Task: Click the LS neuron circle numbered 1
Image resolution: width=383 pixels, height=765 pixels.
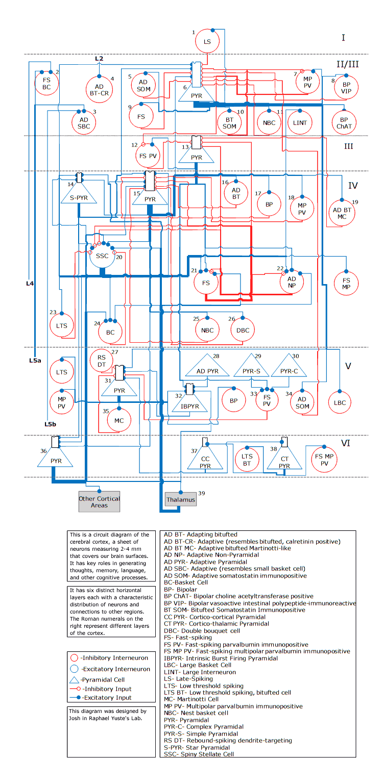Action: pyautogui.click(x=207, y=42)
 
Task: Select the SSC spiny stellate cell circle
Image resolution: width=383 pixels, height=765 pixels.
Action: pyautogui.click(x=102, y=256)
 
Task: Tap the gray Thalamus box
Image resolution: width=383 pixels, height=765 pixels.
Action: pyautogui.click(x=180, y=500)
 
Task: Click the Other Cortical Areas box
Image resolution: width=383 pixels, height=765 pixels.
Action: pyautogui.click(x=99, y=502)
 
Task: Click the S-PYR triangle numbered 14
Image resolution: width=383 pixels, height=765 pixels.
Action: pyautogui.click(x=79, y=195)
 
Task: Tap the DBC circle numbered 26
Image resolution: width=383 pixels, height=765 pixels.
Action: pyautogui.click(x=243, y=330)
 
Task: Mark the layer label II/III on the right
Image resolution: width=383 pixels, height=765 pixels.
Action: pyautogui.click(x=347, y=64)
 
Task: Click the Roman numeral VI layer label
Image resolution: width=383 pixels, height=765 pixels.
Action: pyautogui.click(x=346, y=443)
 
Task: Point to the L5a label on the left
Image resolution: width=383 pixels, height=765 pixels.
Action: pyautogui.click(x=35, y=360)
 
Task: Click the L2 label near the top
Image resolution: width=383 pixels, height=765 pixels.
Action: pyautogui.click(x=99, y=59)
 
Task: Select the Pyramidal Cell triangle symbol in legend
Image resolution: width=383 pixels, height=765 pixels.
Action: pyautogui.click(x=75, y=680)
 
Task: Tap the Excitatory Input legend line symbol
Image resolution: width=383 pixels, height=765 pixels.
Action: pyautogui.click(x=75, y=697)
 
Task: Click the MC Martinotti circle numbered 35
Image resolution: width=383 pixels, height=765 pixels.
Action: pyautogui.click(x=118, y=421)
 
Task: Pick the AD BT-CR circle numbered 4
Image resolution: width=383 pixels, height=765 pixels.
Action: pyautogui.click(x=99, y=90)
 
